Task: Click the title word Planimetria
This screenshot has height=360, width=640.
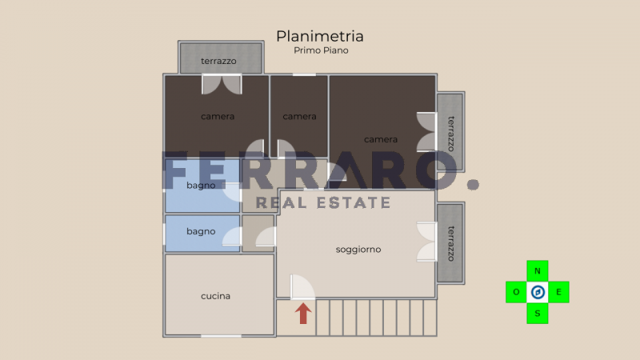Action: pyautogui.click(x=319, y=36)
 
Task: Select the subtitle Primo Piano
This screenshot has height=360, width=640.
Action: pyautogui.click(x=321, y=50)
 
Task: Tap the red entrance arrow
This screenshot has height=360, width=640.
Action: pyautogui.click(x=303, y=314)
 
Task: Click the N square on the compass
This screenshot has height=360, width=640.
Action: pyautogui.click(x=537, y=270)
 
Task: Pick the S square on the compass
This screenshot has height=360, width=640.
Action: pyautogui.click(x=537, y=314)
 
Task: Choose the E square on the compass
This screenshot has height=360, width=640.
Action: pyautogui.click(x=558, y=292)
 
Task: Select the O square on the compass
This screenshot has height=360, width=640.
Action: pyautogui.click(x=516, y=292)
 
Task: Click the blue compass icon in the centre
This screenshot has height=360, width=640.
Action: pyautogui.click(x=538, y=292)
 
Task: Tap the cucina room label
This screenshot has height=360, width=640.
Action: pyautogui.click(x=215, y=296)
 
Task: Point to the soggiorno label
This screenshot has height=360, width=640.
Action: pyautogui.click(x=358, y=250)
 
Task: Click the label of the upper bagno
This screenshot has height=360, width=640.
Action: pyautogui.click(x=201, y=186)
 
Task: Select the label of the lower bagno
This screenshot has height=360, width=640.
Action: pyautogui.click(x=201, y=231)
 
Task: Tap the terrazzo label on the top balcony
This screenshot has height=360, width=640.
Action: pyautogui.click(x=218, y=62)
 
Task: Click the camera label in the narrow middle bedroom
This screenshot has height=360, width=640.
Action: pyautogui.click(x=299, y=116)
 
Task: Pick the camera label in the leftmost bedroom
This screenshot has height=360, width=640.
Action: pyautogui.click(x=218, y=116)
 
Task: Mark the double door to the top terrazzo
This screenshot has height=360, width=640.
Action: pyautogui.click(x=222, y=85)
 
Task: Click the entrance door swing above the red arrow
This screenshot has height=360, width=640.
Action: pyautogui.click(x=302, y=287)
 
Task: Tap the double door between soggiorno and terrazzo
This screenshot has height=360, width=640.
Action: pyautogui.click(x=426, y=242)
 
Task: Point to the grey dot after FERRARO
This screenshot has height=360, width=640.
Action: pyautogui.click(x=473, y=185)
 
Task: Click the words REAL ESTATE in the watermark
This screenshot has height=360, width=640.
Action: pyautogui.click(x=323, y=203)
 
